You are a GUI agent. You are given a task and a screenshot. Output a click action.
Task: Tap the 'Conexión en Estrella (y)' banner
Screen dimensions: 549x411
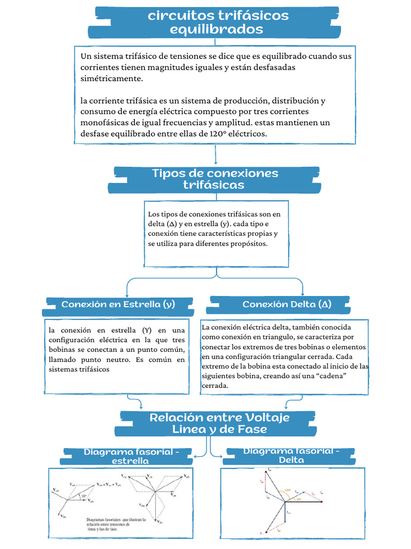click(x=118, y=305)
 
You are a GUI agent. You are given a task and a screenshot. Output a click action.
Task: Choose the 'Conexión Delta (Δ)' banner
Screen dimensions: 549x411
click(x=286, y=305)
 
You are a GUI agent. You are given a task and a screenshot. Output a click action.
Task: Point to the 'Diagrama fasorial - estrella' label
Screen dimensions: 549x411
click(x=128, y=456)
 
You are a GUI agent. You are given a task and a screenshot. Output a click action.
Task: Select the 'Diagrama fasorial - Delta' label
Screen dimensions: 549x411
click(x=291, y=455)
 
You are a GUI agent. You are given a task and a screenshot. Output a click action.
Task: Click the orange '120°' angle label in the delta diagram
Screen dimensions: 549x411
click(x=288, y=490)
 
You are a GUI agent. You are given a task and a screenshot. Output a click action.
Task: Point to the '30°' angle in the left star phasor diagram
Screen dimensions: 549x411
click(x=84, y=496)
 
